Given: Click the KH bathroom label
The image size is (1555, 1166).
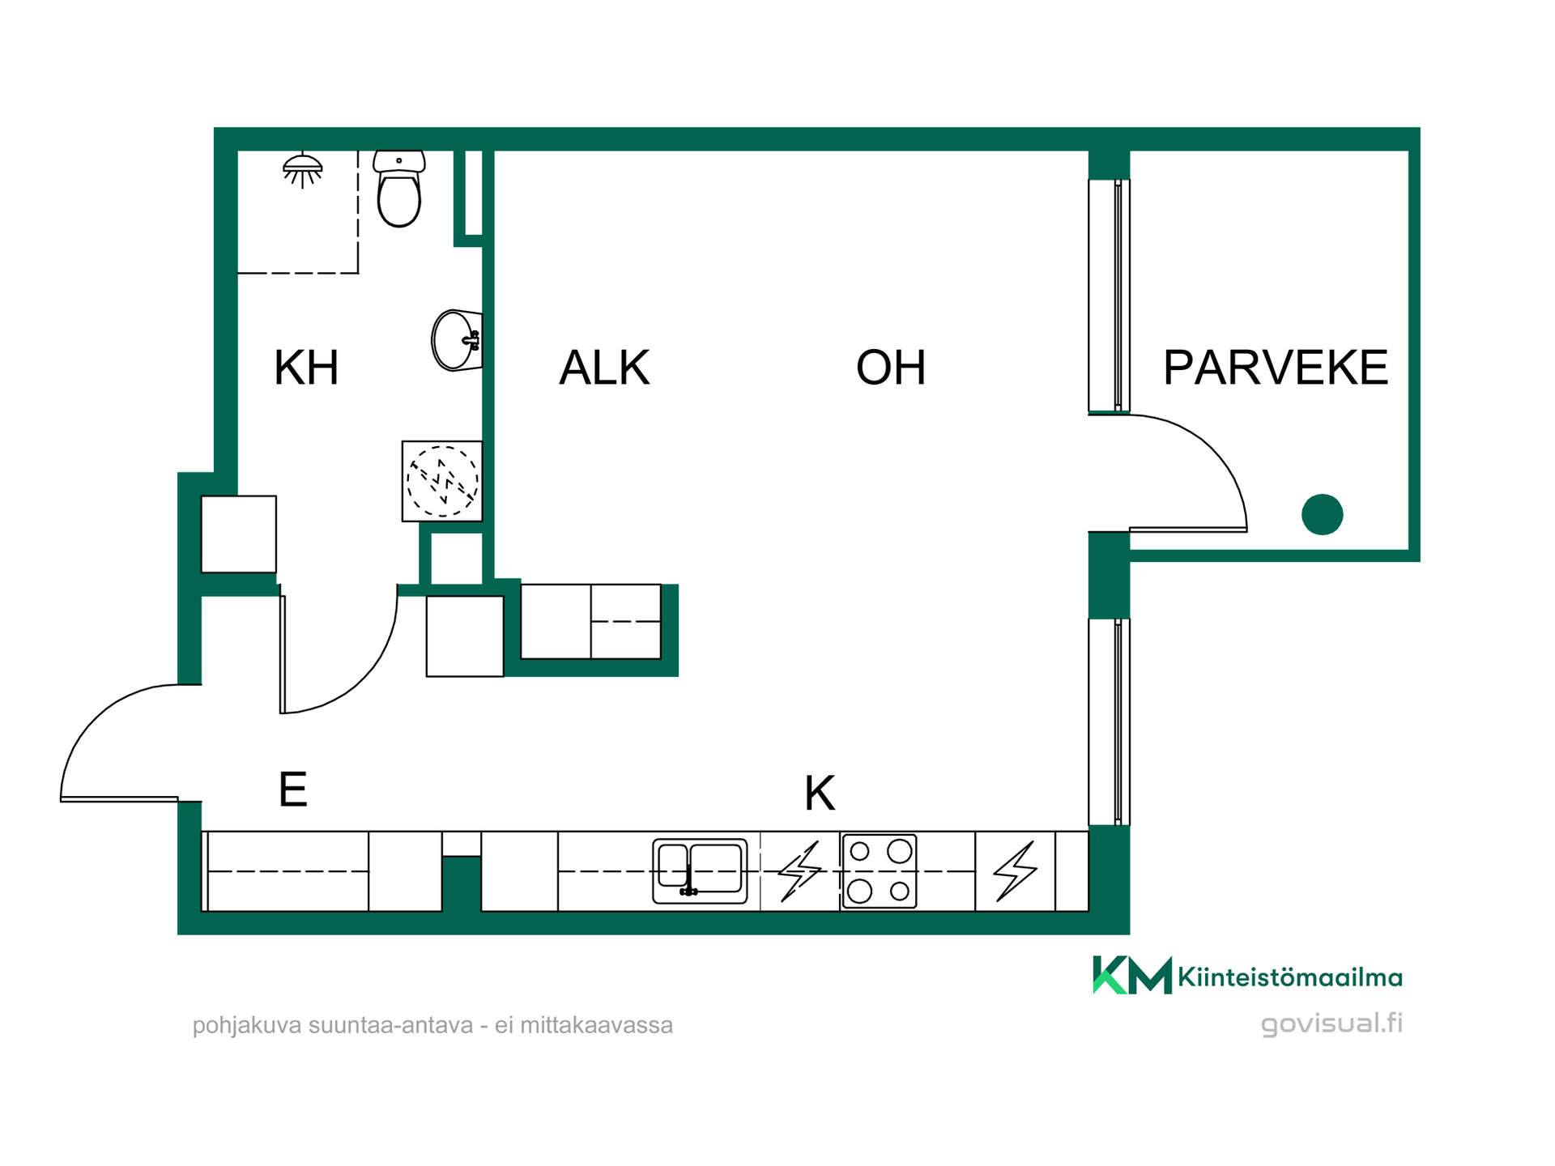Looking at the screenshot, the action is click(306, 368).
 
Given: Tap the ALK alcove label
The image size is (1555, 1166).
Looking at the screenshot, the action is click(604, 368).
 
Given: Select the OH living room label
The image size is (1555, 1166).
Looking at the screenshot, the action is click(891, 368).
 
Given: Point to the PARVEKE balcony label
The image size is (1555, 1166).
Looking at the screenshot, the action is click(1276, 368).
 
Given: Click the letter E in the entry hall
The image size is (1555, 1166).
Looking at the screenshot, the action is click(292, 789).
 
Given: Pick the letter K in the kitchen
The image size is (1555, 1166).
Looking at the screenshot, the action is click(819, 794).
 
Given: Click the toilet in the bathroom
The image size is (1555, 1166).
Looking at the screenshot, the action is click(398, 189).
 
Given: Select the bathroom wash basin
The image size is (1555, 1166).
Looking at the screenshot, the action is click(457, 340).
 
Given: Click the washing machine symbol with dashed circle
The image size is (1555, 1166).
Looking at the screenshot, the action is click(442, 481).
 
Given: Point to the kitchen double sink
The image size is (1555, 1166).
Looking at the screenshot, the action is click(700, 871).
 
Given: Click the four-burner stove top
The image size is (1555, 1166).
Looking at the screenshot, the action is click(880, 871).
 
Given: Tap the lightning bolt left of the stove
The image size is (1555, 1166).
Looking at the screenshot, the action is click(800, 871).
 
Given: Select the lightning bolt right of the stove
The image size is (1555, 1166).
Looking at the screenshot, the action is click(1016, 871).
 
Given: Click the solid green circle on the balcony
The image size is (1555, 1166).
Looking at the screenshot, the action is click(1323, 514).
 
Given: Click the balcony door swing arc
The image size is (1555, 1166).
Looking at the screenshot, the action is click(1212, 448).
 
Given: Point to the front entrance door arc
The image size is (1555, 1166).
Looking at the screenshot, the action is click(95, 719).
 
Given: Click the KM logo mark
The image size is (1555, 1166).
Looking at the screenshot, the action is click(1132, 975).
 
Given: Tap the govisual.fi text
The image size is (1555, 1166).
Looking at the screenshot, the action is click(1331, 1023).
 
